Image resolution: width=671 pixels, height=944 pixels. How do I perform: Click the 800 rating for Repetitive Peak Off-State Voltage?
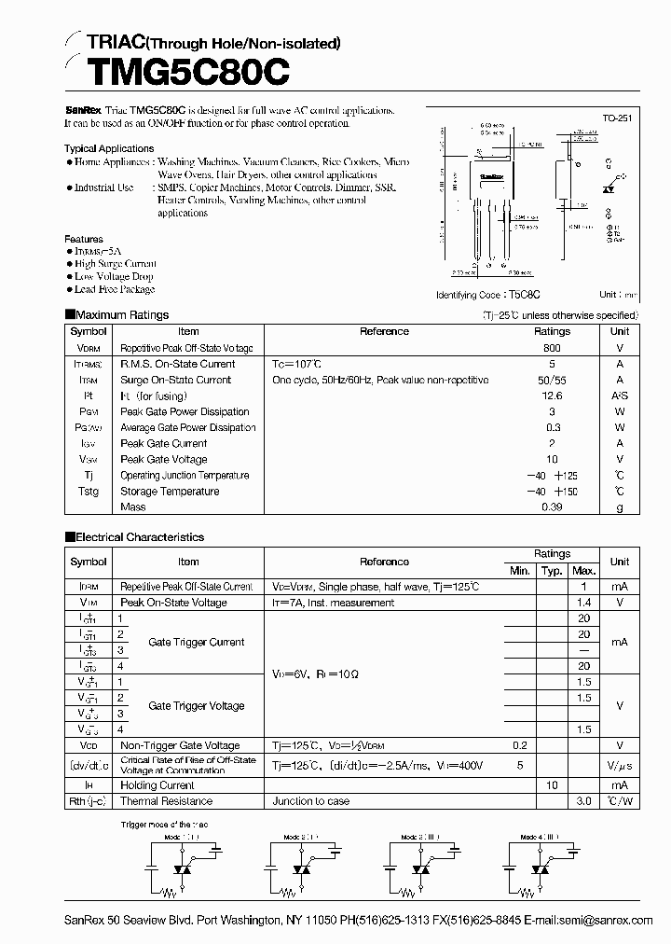coord(552,347)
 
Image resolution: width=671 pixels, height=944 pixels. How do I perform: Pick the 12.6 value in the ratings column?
coord(552,396)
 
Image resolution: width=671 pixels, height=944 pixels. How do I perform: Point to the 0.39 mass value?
coord(552,507)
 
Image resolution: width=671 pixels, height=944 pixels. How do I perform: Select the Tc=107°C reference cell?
coord(309,364)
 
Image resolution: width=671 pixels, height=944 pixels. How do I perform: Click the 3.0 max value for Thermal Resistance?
coord(583,801)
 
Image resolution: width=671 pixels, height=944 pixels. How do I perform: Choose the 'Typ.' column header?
coord(552,570)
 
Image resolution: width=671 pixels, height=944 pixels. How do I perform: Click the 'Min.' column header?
coord(519,570)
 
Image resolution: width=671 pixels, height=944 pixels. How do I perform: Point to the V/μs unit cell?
coord(619,765)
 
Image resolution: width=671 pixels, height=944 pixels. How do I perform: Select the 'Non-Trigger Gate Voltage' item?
coord(180,745)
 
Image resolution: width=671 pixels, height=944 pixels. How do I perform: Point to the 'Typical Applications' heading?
coord(109,148)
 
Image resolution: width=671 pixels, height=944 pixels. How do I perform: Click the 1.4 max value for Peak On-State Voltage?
coord(583,603)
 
